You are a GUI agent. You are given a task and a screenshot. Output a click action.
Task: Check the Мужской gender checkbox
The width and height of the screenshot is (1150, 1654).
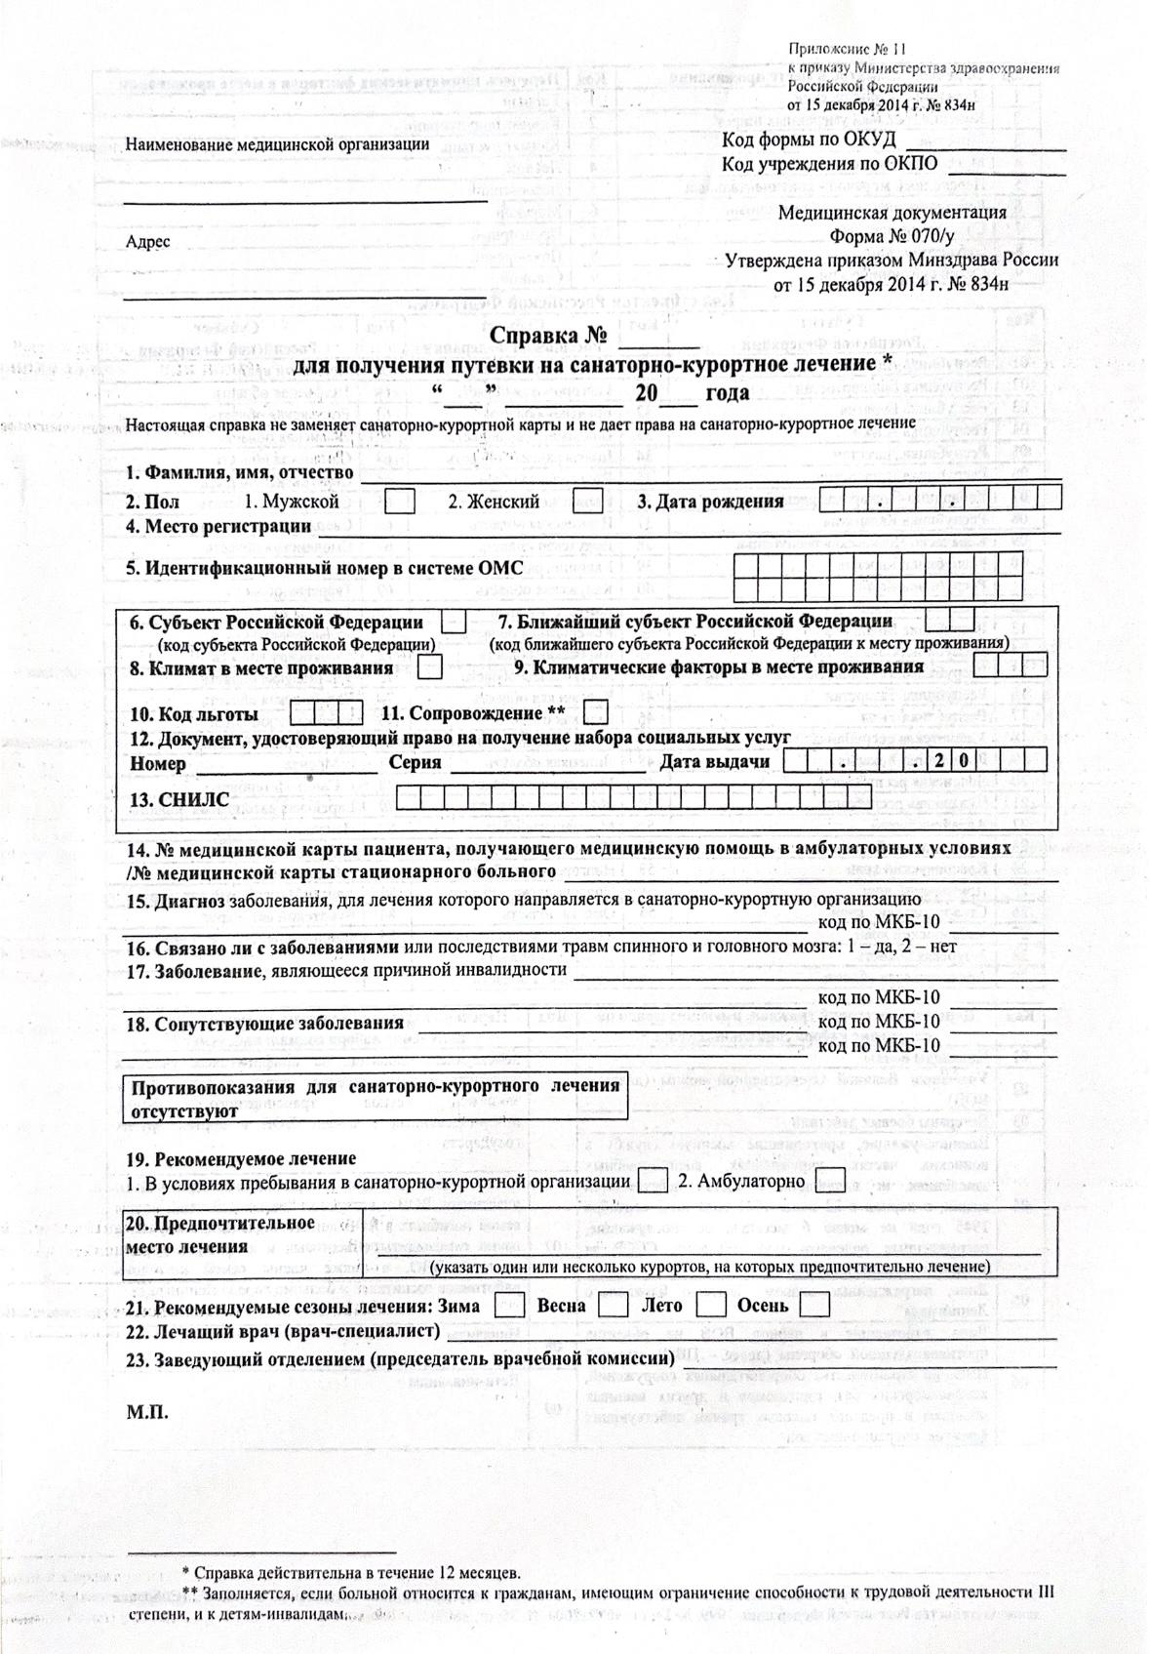(x=399, y=502)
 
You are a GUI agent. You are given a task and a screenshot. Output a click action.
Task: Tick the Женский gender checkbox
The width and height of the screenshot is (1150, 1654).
(x=587, y=502)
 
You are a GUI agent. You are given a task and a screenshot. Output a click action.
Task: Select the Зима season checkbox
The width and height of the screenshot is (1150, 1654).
(x=509, y=1305)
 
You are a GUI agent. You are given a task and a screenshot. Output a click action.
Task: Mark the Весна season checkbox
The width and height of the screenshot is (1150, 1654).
(x=613, y=1305)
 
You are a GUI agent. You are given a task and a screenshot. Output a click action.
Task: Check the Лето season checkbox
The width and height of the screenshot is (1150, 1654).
(x=712, y=1305)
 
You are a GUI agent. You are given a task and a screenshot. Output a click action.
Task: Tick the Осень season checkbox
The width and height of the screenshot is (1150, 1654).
(x=814, y=1305)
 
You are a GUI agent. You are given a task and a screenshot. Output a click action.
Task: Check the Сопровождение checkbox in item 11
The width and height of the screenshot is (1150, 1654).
(x=596, y=712)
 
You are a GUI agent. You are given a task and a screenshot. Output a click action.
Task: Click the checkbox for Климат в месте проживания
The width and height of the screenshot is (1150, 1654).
(x=429, y=667)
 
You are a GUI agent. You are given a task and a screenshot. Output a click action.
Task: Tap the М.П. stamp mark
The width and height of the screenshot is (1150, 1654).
(x=147, y=1412)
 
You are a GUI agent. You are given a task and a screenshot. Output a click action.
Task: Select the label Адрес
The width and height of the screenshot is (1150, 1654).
(x=148, y=242)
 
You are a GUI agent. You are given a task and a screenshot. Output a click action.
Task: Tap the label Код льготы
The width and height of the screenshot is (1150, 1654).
(x=193, y=713)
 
